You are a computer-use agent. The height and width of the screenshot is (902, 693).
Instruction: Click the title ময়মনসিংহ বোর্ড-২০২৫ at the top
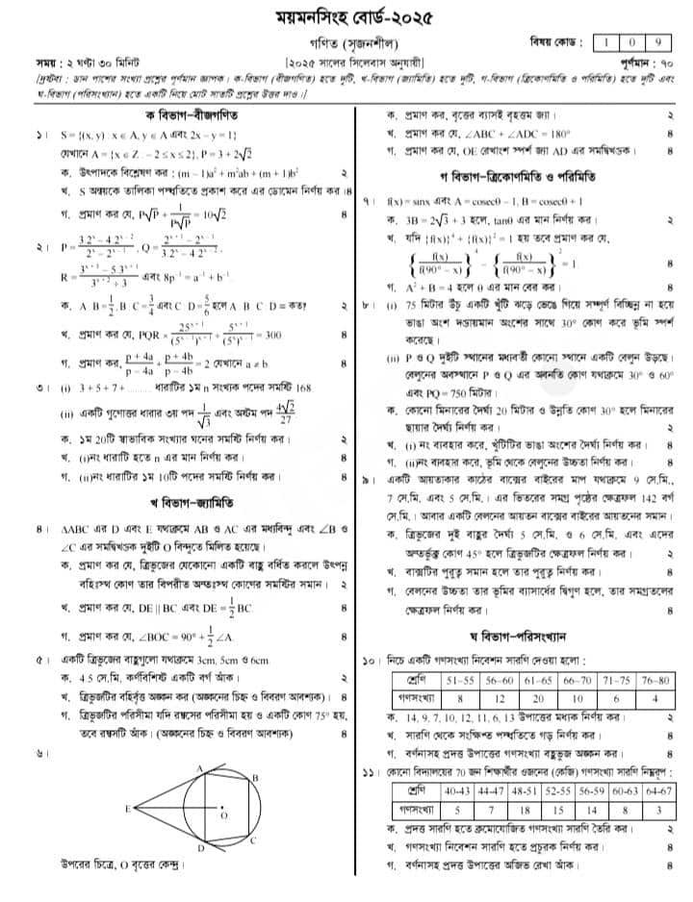346,16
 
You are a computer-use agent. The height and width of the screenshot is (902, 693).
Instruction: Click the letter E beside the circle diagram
129,811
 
